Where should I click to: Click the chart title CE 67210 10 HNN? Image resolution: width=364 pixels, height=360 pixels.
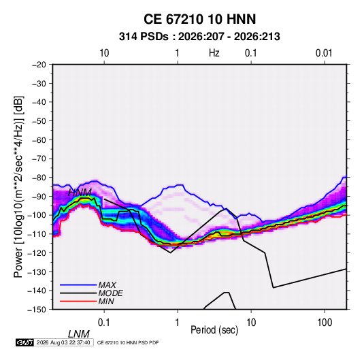click(199, 19)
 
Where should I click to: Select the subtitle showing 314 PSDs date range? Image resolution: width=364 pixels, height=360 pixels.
click(199, 37)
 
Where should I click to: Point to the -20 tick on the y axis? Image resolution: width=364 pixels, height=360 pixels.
click(39, 65)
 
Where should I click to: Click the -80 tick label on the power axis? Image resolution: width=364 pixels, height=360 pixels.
click(39, 178)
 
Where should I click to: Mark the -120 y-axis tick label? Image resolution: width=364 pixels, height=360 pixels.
click(37, 252)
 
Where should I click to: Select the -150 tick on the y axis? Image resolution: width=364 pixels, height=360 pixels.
click(37, 310)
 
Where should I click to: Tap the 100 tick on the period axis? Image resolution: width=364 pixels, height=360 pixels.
click(325, 323)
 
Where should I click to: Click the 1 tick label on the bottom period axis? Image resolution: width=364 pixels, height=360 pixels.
click(177, 323)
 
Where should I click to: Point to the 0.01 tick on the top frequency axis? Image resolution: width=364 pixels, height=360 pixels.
click(324, 53)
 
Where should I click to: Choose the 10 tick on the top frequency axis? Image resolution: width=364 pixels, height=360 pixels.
click(104, 53)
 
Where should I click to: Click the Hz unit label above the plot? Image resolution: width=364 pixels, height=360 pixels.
click(214, 53)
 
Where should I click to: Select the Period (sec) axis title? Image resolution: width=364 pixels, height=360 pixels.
click(214, 330)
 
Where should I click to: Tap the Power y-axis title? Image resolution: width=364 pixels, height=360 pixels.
click(18, 186)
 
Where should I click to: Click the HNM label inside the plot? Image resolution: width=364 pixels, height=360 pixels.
click(80, 193)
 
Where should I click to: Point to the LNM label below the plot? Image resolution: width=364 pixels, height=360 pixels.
click(79, 334)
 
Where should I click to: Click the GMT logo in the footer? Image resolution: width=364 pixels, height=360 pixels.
click(24, 342)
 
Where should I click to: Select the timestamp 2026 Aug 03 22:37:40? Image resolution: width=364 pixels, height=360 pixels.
click(63, 342)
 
